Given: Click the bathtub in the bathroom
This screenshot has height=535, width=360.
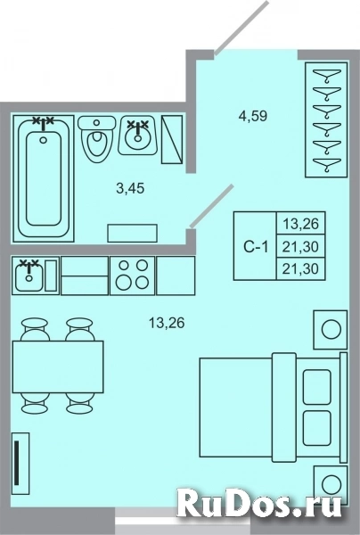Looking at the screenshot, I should coord(44,178).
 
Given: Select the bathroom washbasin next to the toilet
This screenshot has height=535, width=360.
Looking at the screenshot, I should coord(136,136).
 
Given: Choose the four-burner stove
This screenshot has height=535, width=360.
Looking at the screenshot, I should coord(131,276).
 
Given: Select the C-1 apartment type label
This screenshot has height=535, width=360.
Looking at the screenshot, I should coord(255,247).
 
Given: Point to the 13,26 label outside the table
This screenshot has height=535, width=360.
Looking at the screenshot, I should coord(167,324).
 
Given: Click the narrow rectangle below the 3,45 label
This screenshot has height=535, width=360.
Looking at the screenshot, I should coord(131,233).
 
